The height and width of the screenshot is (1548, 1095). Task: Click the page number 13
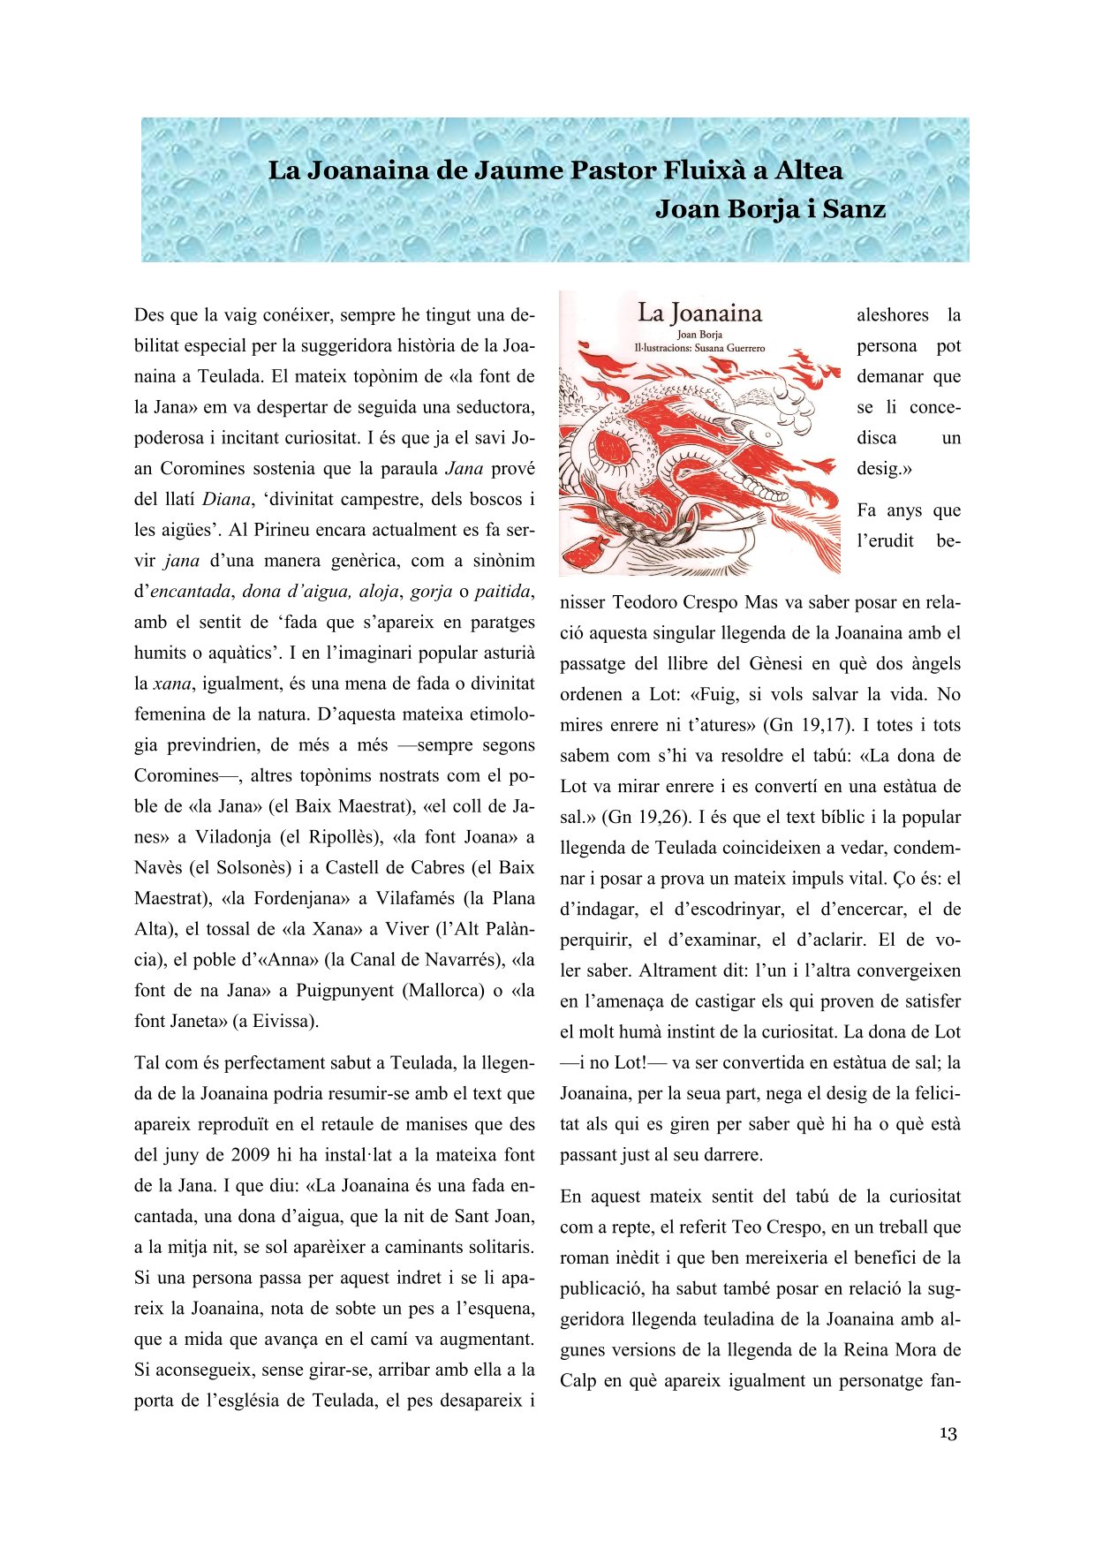point(948,1432)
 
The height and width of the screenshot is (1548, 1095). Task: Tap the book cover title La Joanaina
point(699,313)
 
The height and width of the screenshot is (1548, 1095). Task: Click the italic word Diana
point(227,499)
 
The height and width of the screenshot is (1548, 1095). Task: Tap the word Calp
point(578,1380)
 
